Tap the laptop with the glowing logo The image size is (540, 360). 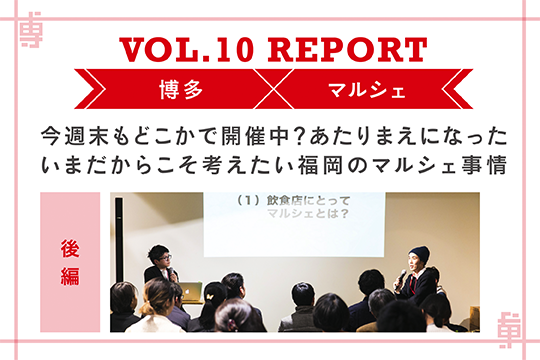pos(188,292)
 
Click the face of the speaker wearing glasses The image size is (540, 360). pos(159,257)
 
